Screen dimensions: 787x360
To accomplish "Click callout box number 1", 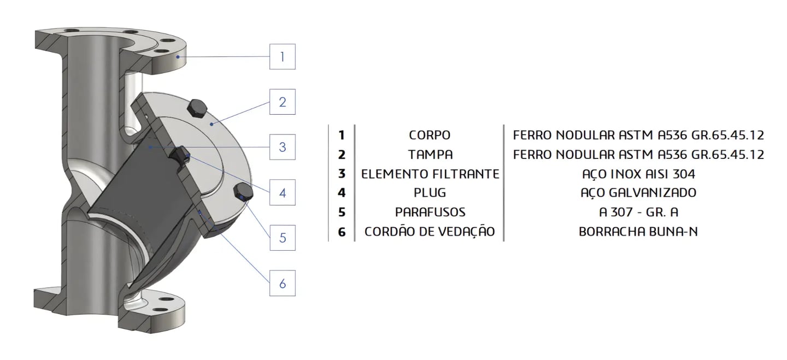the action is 282,56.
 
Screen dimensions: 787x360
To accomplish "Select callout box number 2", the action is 282,102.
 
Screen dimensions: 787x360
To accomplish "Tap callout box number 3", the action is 282,147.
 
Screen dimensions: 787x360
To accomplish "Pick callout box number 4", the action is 282,192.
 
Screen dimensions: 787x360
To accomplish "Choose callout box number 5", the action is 282,238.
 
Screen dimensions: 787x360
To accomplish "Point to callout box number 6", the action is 282,283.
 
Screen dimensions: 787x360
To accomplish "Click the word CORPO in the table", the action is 430,135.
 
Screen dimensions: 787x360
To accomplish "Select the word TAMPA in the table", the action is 430,155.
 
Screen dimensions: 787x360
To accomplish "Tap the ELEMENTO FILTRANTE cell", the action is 430,174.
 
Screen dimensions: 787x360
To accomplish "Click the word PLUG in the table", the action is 430,193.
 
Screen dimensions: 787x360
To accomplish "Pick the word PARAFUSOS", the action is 430,212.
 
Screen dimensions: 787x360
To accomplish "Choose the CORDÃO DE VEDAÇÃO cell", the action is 430,232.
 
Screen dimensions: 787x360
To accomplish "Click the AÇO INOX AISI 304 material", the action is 638,174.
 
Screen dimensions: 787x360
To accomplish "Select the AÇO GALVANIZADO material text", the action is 638,193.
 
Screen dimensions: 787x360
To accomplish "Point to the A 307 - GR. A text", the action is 638,212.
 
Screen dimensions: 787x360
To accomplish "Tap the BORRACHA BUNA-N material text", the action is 638,232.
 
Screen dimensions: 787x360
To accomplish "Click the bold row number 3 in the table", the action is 342,174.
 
